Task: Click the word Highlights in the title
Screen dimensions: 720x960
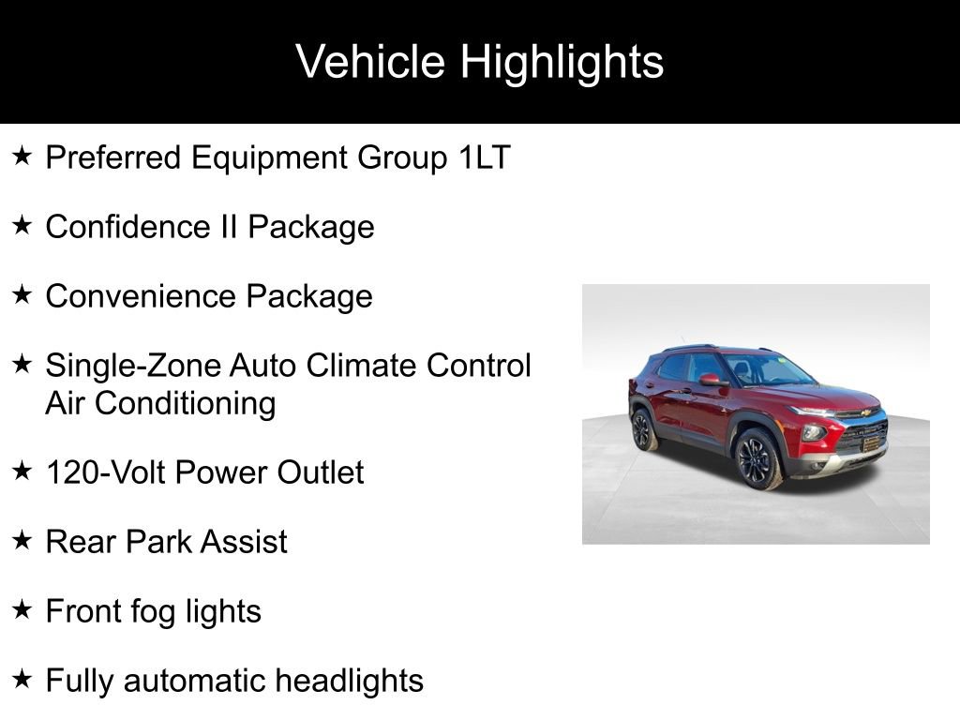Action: (x=562, y=63)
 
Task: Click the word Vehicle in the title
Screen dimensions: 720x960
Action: (x=370, y=63)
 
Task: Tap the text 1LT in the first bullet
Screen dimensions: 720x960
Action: (x=484, y=157)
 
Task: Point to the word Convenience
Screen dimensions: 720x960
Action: (x=141, y=296)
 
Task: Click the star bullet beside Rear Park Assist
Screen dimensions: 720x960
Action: (x=22, y=540)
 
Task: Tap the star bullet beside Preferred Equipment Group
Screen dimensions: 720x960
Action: (x=22, y=156)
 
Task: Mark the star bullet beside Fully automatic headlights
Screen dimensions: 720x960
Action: (x=22, y=679)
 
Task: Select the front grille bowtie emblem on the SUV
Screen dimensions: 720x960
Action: (x=865, y=412)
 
